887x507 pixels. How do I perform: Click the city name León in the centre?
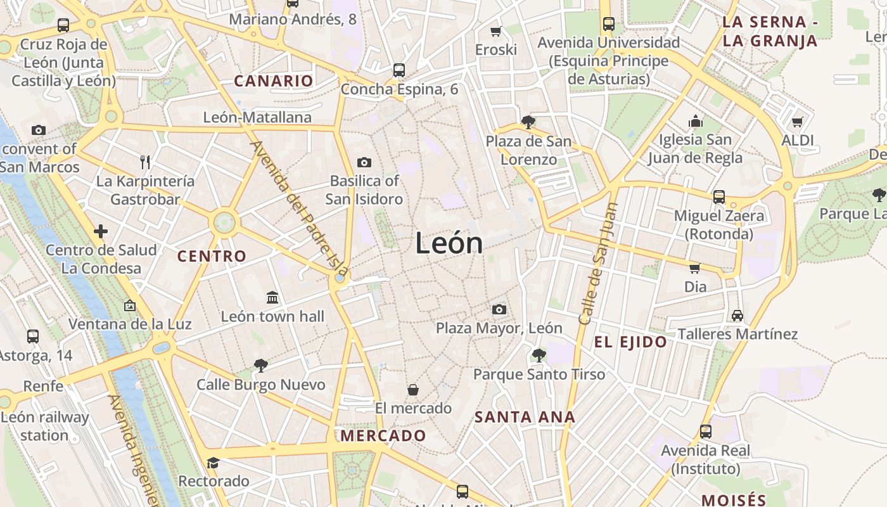coord(449,243)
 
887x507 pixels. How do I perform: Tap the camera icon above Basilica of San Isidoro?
coord(364,162)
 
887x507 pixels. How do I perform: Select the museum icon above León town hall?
coord(272,297)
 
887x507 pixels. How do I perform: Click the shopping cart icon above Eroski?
coord(496,31)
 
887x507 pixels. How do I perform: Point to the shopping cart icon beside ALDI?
coord(797,121)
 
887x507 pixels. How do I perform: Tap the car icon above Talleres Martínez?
coord(737,315)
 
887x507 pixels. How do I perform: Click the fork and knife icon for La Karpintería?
coord(145,162)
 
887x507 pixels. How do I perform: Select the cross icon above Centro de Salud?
coord(101,231)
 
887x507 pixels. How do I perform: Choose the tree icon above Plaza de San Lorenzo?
coord(528,122)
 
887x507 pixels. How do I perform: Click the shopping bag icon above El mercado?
coord(413,389)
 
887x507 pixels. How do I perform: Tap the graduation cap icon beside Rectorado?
coord(213,463)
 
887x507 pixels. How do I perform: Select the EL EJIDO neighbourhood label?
coord(630,343)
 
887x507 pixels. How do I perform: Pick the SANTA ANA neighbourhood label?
coord(525,417)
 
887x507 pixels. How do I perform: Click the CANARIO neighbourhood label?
coord(274,81)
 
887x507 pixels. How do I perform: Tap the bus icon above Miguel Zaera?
coord(718,197)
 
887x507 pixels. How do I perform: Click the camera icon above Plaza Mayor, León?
coord(499,309)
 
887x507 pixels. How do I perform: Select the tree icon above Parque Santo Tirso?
coord(539,355)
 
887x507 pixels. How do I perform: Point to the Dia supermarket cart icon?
coord(695,268)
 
